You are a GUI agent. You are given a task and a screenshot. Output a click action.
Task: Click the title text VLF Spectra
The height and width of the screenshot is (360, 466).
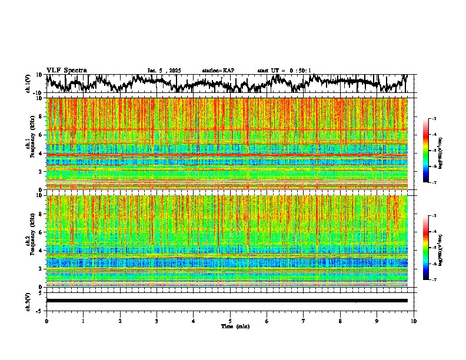coord(66,70)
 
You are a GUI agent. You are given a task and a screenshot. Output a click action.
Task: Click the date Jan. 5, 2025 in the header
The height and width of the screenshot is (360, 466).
coord(167,71)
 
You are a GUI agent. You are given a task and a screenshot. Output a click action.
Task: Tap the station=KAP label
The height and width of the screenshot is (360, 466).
coord(218,71)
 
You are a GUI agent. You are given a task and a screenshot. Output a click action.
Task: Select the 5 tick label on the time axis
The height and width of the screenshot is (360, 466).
coord(230,321)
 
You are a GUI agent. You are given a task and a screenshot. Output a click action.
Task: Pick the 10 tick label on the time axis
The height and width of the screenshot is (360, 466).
coord(414,321)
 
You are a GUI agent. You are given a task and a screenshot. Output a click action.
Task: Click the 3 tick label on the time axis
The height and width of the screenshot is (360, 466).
coord(157,321)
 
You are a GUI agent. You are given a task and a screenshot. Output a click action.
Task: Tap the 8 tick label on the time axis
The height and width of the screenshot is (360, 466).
coord(340,321)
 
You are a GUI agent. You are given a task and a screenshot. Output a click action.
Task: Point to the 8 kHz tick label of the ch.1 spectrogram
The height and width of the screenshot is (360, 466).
coord(41,116)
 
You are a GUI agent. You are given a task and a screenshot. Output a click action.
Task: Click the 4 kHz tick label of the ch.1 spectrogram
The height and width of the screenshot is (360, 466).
coord(41,154)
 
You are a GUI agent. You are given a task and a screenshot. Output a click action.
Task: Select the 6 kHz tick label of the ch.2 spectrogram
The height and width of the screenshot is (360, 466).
coord(41,232)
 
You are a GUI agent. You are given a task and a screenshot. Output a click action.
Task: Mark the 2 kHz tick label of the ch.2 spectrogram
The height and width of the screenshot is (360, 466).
coord(41,269)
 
